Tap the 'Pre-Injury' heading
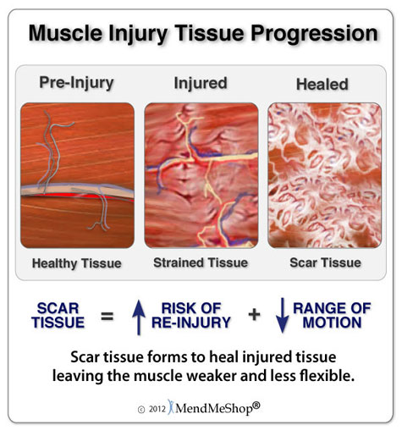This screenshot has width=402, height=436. [76, 83]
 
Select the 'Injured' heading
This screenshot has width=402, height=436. [201, 83]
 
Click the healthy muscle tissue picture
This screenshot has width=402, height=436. [77, 174]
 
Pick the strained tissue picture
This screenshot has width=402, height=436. [201, 174]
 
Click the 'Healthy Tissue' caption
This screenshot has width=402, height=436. [76, 262]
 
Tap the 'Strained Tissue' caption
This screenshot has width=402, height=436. [201, 262]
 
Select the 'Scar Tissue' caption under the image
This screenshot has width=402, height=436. [324, 262]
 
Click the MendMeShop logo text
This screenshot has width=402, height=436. [216, 407]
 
